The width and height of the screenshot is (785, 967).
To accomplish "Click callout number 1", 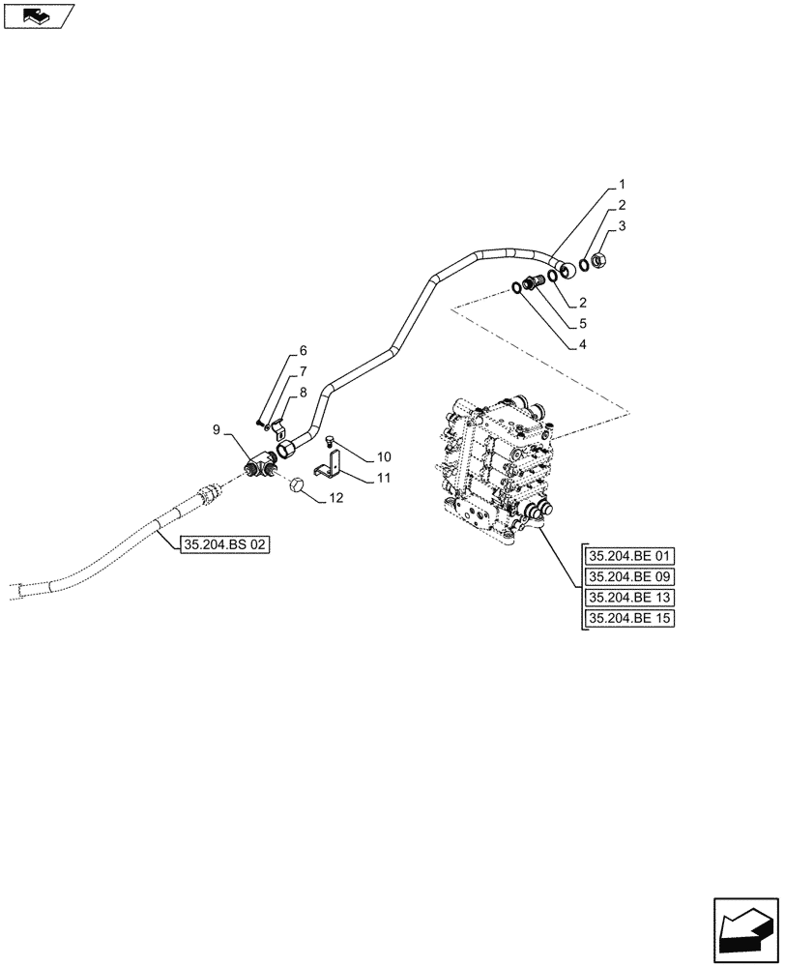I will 623,184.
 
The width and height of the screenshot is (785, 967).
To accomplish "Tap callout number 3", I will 623,226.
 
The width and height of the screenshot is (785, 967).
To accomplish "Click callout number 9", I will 217,428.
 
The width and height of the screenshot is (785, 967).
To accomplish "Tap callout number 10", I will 384,455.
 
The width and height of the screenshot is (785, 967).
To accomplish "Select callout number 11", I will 384,477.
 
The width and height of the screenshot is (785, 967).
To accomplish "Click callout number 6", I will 302,351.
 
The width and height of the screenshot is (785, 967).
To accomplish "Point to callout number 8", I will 302,393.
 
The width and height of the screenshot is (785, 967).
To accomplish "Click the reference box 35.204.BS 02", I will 224,545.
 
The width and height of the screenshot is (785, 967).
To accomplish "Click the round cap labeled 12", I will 299,483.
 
